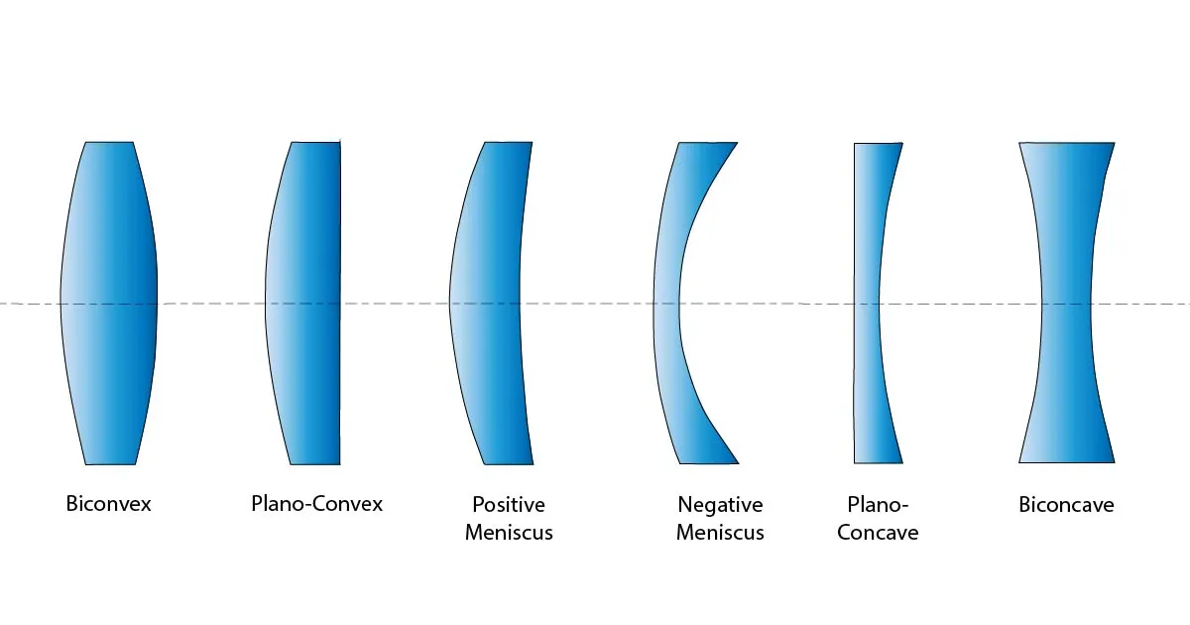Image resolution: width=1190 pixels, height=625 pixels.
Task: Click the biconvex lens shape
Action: click(109, 303)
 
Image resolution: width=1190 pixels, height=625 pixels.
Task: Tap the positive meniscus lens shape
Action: click(486, 303)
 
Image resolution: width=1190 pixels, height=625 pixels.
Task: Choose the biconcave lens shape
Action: click(1066, 303)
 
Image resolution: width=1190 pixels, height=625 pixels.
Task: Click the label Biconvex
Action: click(109, 504)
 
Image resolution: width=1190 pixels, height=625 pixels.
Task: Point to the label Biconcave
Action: click(1066, 505)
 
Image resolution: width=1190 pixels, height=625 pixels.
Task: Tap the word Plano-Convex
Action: click(316, 504)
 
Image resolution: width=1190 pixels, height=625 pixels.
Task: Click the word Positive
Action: click(509, 505)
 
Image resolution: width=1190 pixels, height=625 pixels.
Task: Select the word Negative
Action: click(721, 505)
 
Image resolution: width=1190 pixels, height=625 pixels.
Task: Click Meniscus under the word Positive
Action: click(509, 533)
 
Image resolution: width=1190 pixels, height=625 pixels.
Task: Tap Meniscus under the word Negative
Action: click(721, 533)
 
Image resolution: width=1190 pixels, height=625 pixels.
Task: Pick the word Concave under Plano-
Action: click(878, 533)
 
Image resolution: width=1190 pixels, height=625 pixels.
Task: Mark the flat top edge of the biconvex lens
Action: click(109, 143)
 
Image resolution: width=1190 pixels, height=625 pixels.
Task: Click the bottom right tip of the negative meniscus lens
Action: click(738, 462)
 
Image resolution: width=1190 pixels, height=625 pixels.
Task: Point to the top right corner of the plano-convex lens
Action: click(340, 143)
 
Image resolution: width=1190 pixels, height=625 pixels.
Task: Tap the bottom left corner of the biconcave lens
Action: click(1020, 461)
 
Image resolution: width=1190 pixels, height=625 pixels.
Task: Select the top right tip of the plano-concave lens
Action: click(901, 144)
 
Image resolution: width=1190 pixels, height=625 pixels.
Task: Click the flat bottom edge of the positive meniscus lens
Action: click(508, 463)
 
